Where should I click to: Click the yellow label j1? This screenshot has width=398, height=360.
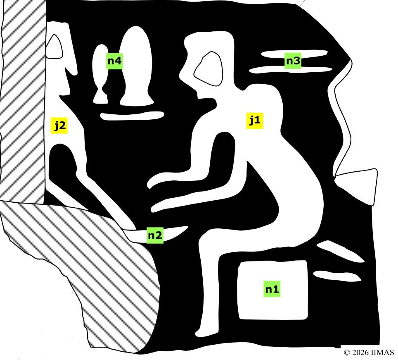click(x=255, y=120)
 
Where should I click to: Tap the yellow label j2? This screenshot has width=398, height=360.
click(x=59, y=125)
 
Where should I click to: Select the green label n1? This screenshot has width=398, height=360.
click(x=272, y=289)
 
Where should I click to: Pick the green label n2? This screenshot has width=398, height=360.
click(x=155, y=235)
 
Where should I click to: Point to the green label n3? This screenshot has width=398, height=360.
click(x=293, y=61)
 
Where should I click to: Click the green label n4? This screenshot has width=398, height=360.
click(x=114, y=61)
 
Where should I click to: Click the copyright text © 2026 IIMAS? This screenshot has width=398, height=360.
click(x=369, y=353)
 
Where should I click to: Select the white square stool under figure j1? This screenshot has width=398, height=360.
click(x=272, y=290)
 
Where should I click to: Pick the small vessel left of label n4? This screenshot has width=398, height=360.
click(x=100, y=74)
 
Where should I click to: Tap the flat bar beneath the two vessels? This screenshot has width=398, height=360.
click(x=132, y=116)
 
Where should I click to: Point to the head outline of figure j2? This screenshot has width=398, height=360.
click(x=54, y=47)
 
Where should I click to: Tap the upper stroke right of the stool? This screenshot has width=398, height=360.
click(x=341, y=251)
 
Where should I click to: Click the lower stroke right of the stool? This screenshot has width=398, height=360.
click(x=337, y=276)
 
